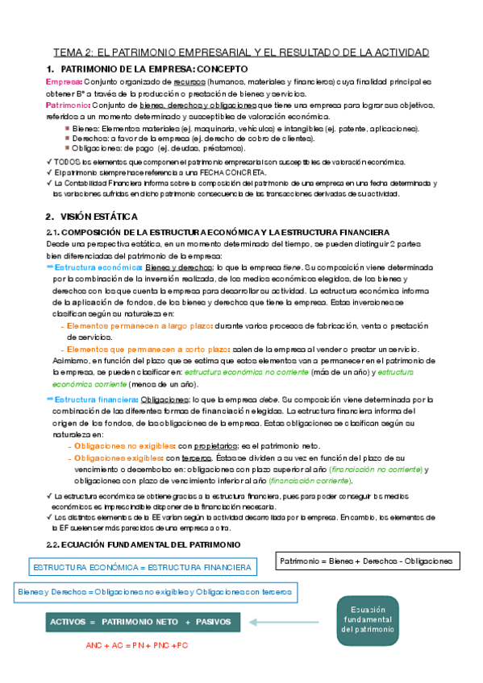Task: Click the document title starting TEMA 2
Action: (241, 52)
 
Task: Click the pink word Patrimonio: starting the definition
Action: (66, 106)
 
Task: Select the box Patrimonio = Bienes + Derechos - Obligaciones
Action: (365, 560)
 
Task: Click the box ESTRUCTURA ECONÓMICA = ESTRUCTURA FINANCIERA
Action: (141, 568)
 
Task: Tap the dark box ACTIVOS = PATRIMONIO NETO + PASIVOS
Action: (141, 622)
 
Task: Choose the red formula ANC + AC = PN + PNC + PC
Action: (137, 646)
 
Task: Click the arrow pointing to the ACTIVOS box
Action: (281, 622)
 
